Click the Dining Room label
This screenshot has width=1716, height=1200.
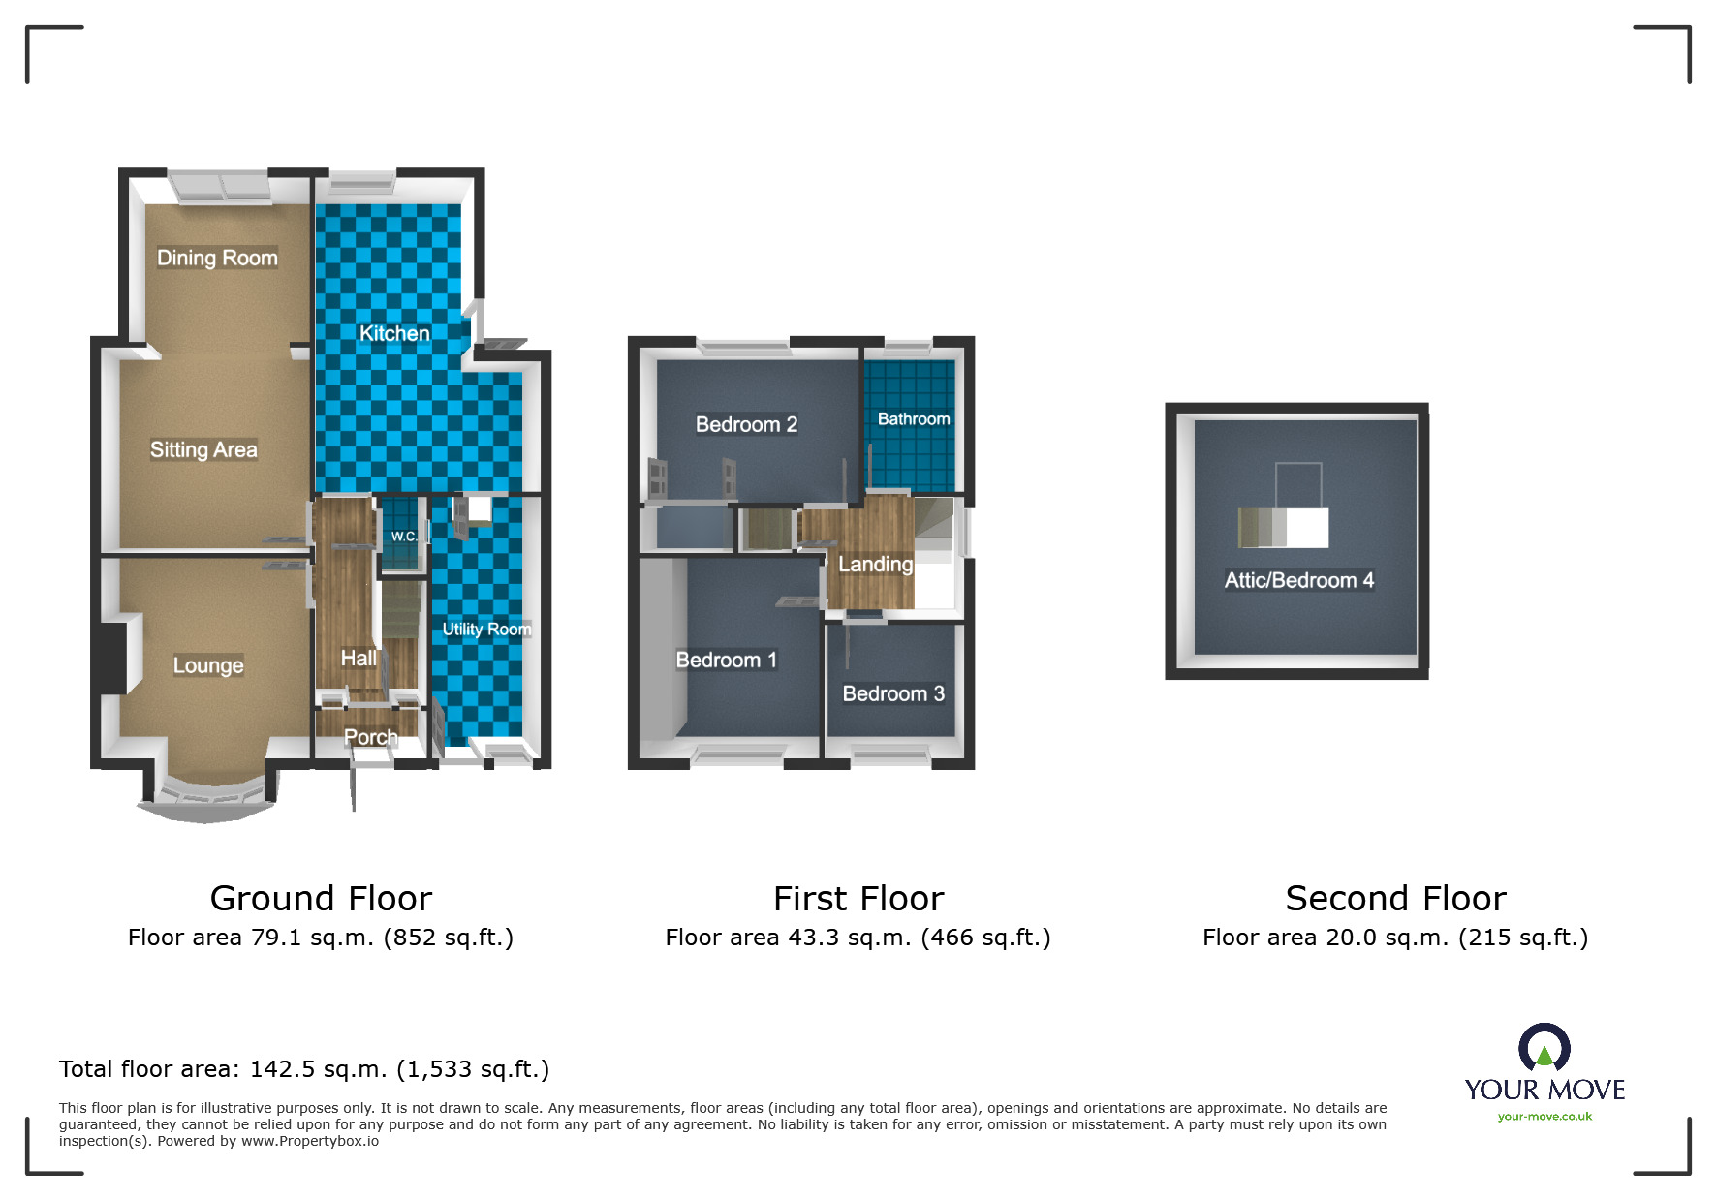point(217,258)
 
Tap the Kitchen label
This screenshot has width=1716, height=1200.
point(394,333)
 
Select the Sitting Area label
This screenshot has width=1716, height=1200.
point(203,449)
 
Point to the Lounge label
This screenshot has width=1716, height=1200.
point(208,665)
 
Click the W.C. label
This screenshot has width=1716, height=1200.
point(404,536)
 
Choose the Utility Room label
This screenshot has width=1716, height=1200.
point(486,630)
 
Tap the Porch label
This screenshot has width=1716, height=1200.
point(371,737)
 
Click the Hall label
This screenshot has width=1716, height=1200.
point(359,659)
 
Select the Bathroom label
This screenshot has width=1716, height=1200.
point(914,419)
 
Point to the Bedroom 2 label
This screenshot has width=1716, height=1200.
point(746,424)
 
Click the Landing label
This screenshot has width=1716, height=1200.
point(876,565)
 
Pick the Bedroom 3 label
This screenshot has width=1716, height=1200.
point(893,693)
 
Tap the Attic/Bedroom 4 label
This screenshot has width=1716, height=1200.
point(1299,580)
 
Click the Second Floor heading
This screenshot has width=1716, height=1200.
point(1396,899)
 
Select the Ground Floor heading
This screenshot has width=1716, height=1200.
point(321,899)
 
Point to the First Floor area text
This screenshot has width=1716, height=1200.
point(858,938)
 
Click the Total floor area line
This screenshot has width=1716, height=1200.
point(304,1069)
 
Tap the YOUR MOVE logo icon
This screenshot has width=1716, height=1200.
point(1544,1049)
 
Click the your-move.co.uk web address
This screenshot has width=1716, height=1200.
point(1544,1117)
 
